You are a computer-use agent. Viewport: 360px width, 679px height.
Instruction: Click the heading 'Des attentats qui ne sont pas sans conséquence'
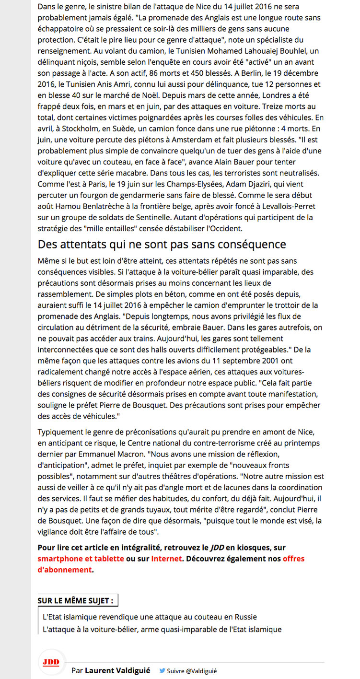click(162, 245)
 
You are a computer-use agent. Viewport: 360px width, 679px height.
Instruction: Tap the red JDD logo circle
click(51, 662)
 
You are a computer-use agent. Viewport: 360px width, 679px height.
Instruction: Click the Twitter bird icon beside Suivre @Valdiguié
click(162, 671)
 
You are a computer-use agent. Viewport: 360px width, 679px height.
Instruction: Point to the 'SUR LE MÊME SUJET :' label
click(76, 601)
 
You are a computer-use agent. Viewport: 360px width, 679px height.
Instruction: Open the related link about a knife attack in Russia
click(152, 617)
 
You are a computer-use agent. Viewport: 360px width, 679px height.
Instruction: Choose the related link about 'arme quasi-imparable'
click(162, 629)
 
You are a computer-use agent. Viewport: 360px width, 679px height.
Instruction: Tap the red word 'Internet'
click(166, 559)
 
